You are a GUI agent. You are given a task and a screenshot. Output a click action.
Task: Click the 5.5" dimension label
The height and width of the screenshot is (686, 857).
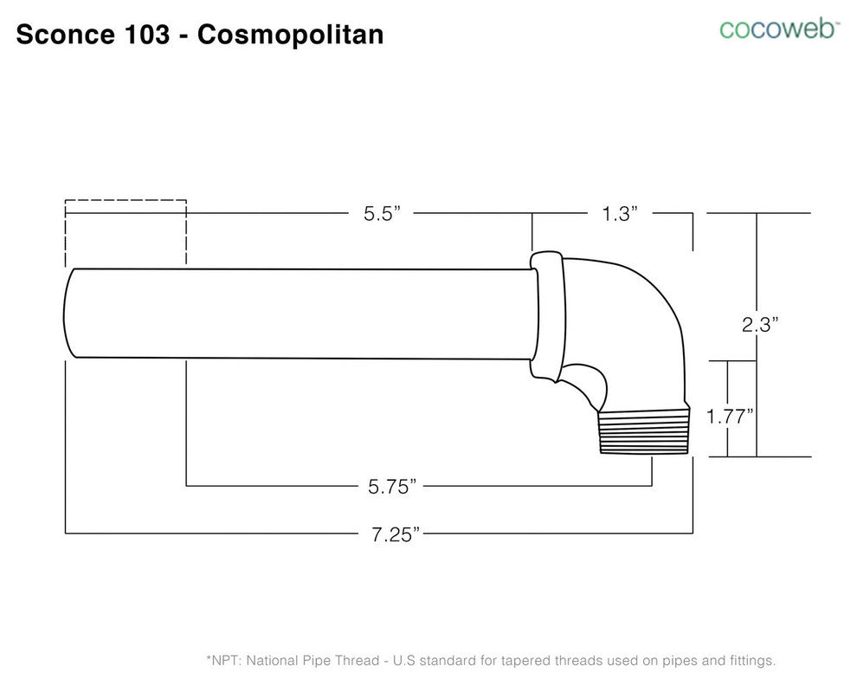(382, 214)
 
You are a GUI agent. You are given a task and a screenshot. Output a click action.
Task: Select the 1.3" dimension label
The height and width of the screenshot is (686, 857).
(620, 214)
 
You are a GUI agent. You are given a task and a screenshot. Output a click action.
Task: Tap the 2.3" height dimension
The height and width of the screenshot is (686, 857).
(759, 324)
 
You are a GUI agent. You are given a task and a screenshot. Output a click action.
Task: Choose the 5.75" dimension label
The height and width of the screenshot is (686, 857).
(392, 487)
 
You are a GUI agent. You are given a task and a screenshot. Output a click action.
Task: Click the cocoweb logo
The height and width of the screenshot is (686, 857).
(779, 29)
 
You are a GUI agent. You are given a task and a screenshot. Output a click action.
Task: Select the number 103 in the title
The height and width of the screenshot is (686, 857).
(145, 35)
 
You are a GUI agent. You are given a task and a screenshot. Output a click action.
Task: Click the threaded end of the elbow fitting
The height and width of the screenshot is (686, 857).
(642, 432)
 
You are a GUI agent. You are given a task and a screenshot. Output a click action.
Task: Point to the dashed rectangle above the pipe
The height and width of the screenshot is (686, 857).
(126, 232)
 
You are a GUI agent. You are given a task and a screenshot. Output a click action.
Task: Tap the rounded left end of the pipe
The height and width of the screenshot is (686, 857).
(71, 312)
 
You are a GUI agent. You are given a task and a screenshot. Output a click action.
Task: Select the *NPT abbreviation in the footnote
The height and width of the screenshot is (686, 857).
(224, 661)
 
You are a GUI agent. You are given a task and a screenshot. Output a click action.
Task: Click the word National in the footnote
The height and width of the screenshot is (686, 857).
(275, 661)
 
